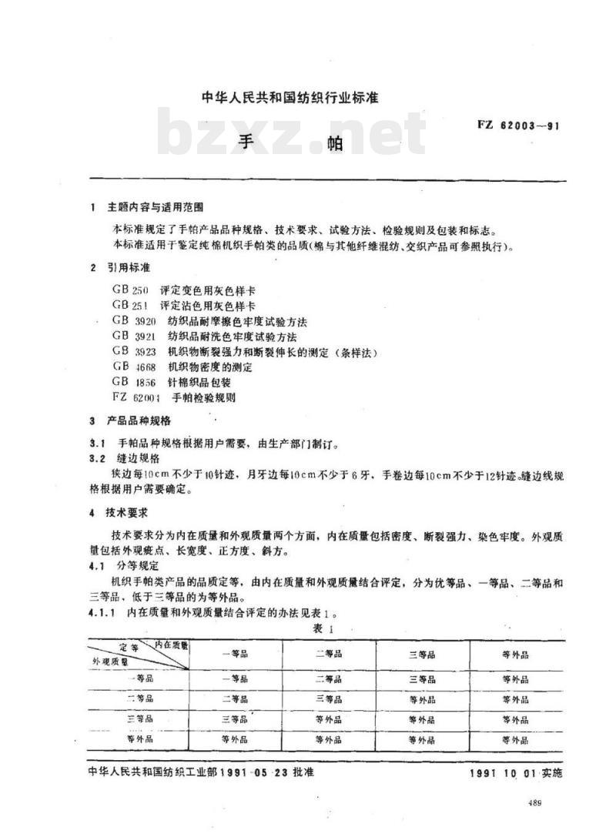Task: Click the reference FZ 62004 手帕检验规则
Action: (x=173, y=397)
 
